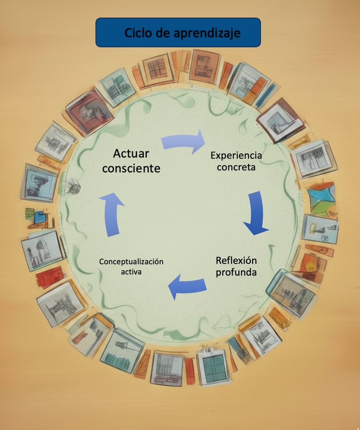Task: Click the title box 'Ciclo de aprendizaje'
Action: click(178, 32)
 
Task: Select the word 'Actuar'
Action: click(131, 153)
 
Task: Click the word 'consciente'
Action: click(131, 168)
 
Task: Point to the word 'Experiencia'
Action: click(236, 156)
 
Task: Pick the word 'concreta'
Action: click(236, 167)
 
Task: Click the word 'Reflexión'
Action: click(236, 261)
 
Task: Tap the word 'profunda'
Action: click(236, 272)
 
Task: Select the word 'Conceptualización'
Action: click(131, 262)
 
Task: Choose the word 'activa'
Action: click(131, 272)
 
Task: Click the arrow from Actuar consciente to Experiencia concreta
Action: click(183, 141)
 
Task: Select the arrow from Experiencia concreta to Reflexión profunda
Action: click(256, 213)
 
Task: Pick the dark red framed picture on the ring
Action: click(89, 112)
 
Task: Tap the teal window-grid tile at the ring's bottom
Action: click(213, 366)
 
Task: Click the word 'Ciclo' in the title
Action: click(138, 33)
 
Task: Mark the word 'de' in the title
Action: click(164, 33)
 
